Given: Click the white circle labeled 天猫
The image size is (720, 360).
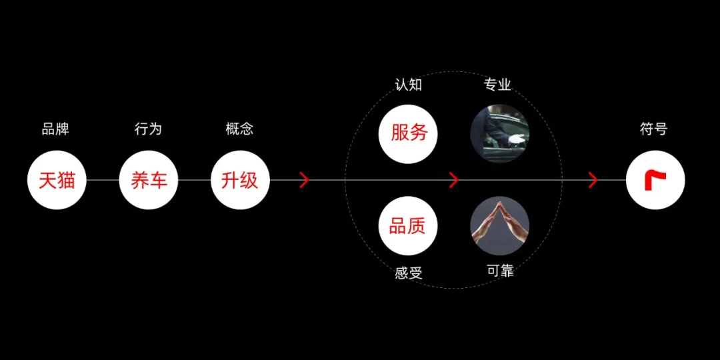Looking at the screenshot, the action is click(57, 180).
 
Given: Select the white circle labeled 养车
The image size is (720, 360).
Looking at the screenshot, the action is click(149, 180).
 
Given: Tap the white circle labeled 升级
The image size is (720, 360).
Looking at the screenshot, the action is click(240, 180).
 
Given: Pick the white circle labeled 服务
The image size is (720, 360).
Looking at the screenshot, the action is click(408, 133).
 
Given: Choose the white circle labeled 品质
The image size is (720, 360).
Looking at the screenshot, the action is click(408, 226).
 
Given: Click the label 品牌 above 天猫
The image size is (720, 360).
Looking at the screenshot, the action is click(55, 129).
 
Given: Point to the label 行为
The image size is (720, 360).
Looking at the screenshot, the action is click(148, 129).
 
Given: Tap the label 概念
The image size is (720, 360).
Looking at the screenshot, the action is click(239, 129).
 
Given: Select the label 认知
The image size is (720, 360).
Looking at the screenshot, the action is click(408, 85).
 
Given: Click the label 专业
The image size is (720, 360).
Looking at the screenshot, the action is click(497, 85).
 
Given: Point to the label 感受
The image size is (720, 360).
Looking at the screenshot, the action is click(409, 273).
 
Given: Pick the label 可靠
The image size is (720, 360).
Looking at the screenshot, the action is click(500, 271).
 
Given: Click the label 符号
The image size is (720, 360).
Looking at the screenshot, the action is click(653, 129).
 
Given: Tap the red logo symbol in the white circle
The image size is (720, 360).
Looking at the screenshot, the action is click(655, 180).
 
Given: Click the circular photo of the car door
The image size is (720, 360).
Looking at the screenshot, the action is click(500, 133).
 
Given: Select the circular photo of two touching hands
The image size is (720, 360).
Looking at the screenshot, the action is click(500, 225).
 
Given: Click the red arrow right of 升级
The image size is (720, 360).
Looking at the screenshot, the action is click(305, 180).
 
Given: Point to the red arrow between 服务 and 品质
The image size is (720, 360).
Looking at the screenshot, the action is click(454, 180).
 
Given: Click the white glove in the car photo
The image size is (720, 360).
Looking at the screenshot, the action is click(517, 140).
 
